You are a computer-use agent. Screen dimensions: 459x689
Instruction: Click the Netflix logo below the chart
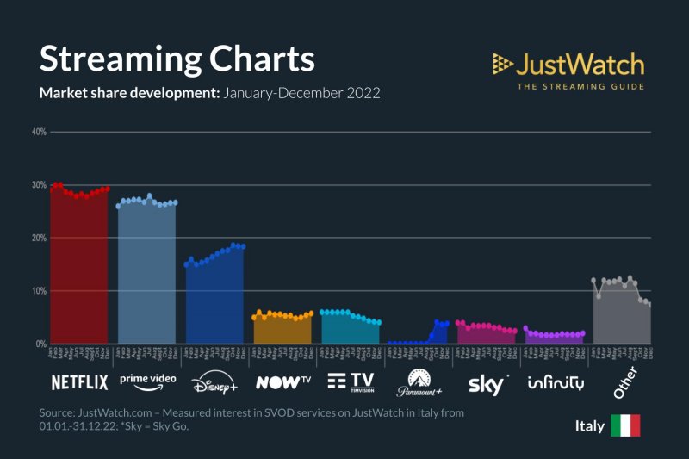click(x=79, y=381)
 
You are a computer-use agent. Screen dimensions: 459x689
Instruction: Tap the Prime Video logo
click(x=147, y=379)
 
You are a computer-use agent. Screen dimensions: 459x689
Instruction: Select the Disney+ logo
click(x=214, y=382)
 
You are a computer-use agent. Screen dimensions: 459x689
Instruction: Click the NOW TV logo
click(x=283, y=381)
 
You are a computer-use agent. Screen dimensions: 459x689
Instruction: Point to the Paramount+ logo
click(x=418, y=382)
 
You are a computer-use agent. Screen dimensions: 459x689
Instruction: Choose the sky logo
click(x=487, y=381)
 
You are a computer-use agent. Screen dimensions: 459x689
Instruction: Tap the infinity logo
click(x=556, y=382)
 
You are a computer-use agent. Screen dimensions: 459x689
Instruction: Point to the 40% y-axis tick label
click(x=39, y=132)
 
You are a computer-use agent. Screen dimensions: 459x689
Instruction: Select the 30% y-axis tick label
click(x=39, y=185)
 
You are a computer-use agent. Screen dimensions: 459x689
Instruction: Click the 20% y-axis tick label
click(x=39, y=238)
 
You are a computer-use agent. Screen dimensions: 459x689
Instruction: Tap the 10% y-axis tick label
click(x=39, y=291)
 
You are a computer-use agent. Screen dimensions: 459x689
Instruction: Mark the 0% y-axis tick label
click(x=40, y=344)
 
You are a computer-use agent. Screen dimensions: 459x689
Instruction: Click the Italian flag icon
click(x=625, y=426)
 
